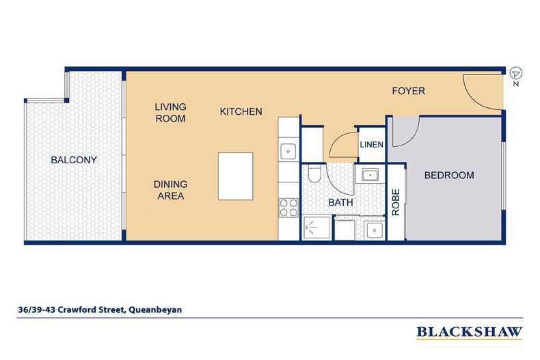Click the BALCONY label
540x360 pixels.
click(x=74, y=160)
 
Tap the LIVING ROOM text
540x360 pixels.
click(x=170, y=113)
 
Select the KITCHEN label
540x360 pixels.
click(x=241, y=111)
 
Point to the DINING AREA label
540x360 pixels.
click(x=170, y=190)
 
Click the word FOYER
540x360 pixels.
click(x=409, y=91)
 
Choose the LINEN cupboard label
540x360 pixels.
click(x=372, y=145)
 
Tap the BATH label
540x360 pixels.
click(x=340, y=202)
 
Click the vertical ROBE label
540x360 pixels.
click(x=396, y=202)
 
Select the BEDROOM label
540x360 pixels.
click(x=449, y=175)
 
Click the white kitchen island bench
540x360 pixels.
click(x=236, y=176)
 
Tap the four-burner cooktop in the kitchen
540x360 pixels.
click(x=288, y=208)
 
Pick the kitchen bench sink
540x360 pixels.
click(x=288, y=151)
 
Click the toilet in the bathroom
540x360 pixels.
click(x=314, y=174)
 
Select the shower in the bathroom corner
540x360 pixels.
click(x=317, y=227)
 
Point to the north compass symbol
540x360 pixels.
click(x=515, y=74)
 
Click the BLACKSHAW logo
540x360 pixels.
click(x=470, y=332)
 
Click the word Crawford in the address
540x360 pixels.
click(x=73, y=309)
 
